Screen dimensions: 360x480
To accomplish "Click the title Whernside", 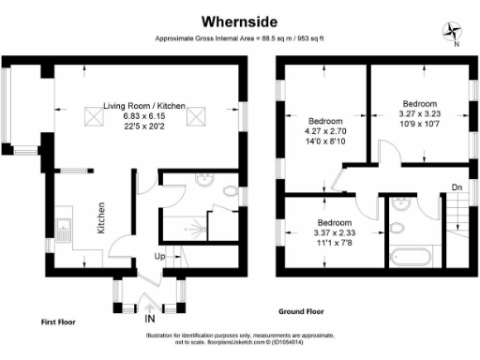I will [x=239, y=20].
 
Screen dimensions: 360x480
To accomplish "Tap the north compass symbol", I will [x=450, y=32].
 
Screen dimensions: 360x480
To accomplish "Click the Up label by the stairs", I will [x=160, y=256].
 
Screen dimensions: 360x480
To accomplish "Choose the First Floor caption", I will [x=58, y=321].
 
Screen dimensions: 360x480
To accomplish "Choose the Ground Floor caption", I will [x=306, y=310].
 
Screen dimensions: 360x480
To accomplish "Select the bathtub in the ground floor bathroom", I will [x=409, y=254].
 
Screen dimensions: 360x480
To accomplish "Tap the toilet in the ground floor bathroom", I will [x=398, y=228].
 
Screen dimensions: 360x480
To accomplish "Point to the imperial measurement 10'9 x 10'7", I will [x=419, y=123].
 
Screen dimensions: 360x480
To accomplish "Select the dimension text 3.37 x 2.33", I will [x=334, y=234].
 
